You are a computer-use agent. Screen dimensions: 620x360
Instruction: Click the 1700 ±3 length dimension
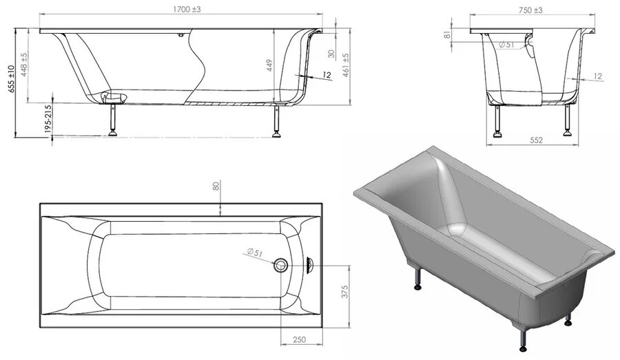[x=187, y=9]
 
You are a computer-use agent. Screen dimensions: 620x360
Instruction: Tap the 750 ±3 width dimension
[x=530, y=10]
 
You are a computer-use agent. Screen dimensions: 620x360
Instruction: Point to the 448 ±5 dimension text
[x=24, y=65]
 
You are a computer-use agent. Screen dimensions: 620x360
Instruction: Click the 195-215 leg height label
[x=48, y=118]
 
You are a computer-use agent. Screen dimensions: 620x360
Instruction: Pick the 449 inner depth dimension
[x=269, y=65]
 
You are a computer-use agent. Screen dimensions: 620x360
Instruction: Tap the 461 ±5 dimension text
[x=346, y=65]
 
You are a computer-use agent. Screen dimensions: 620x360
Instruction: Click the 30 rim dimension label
[x=331, y=54]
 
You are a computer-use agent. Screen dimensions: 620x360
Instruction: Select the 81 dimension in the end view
[x=447, y=35]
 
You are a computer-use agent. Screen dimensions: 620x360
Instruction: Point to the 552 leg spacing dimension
[x=536, y=140]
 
